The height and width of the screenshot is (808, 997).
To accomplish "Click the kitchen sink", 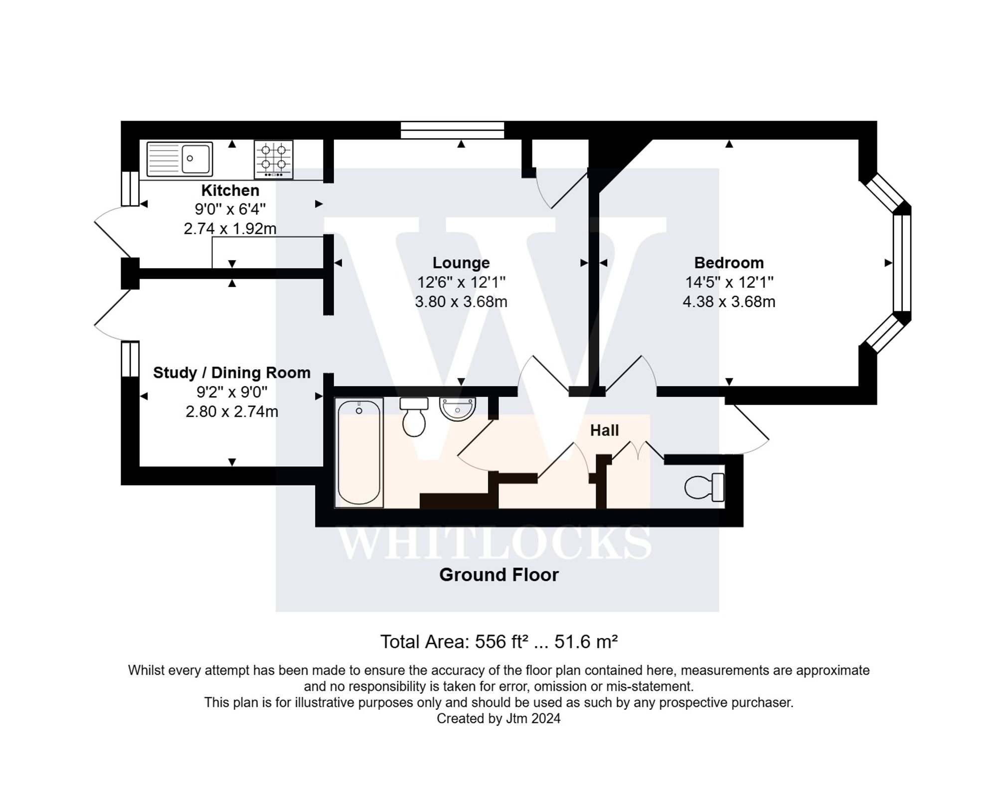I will click(x=180, y=159).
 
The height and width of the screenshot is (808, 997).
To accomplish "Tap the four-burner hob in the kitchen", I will click(x=274, y=159).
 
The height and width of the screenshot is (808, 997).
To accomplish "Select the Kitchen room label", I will click(x=230, y=190).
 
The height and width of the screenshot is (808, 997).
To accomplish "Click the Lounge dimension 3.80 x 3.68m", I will click(x=461, y=302).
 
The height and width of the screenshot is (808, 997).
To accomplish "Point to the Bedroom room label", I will click(x=729, y=263).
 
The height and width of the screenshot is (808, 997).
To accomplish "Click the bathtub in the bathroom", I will click(x=359, y=453).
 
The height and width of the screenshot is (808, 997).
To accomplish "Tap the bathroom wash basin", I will click(x=458, y=409).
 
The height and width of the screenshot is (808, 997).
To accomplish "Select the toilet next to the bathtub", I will click(x=414, y=418).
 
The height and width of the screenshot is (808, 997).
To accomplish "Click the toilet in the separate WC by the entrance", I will click(x=704, y=487).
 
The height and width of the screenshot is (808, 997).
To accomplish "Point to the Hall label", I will click(x=604, y=430).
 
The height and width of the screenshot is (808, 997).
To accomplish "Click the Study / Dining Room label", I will click(x=232, y=373).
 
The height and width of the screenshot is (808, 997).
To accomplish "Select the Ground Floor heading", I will click(x=498, y=575).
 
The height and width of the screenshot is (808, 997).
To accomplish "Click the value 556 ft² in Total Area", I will click(x=501, y=642).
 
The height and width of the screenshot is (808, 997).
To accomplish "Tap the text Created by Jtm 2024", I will click(x=498, y=718).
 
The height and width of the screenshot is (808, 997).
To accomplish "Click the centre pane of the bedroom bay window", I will click(x=901, y=263).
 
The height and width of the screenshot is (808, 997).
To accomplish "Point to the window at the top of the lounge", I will click(x=453, y=130).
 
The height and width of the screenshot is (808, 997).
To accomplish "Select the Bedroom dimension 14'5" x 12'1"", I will click(x=729, y=282).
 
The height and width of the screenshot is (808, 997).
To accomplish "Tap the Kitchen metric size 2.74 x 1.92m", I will click(x=230, y=229).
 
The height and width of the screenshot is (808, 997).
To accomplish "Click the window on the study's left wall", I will click(x=130, y=359).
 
